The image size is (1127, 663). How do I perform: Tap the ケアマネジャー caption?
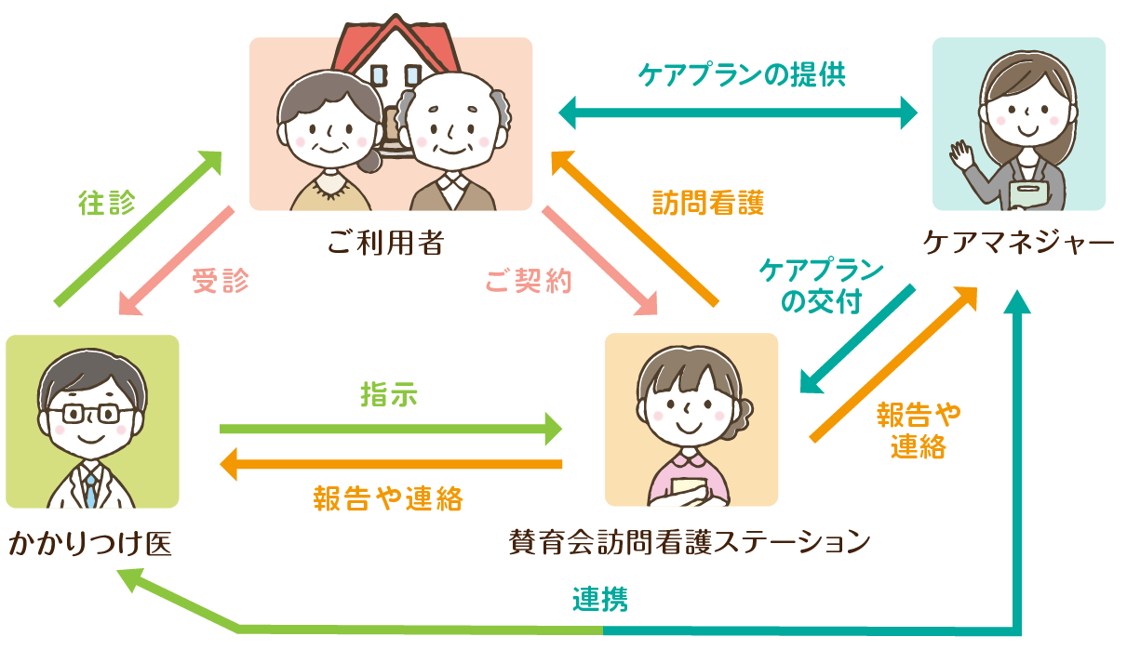[1018, 243]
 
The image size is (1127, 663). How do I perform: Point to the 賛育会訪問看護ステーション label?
[690, 540]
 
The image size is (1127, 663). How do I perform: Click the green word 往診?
[107, 204]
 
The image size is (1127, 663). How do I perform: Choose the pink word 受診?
[221, 281]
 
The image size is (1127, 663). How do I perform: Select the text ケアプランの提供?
[742, 74]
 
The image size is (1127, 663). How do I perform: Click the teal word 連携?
[599, 600]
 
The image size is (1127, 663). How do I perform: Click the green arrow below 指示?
[391, 429]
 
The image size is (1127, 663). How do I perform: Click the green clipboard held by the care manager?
[1029, 194]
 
